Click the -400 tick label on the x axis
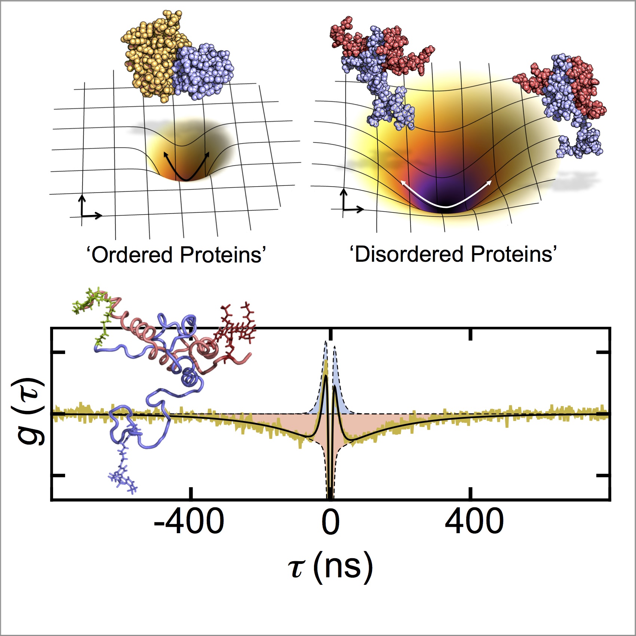click(x=189, y=522)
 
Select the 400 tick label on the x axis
click(x=474, y=522)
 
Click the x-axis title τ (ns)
click(x=331, y=567)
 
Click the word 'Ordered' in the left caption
click(x=131, y=255)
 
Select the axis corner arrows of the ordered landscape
click(x=88, y=209)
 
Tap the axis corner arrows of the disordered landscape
click(x=350, y=204)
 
